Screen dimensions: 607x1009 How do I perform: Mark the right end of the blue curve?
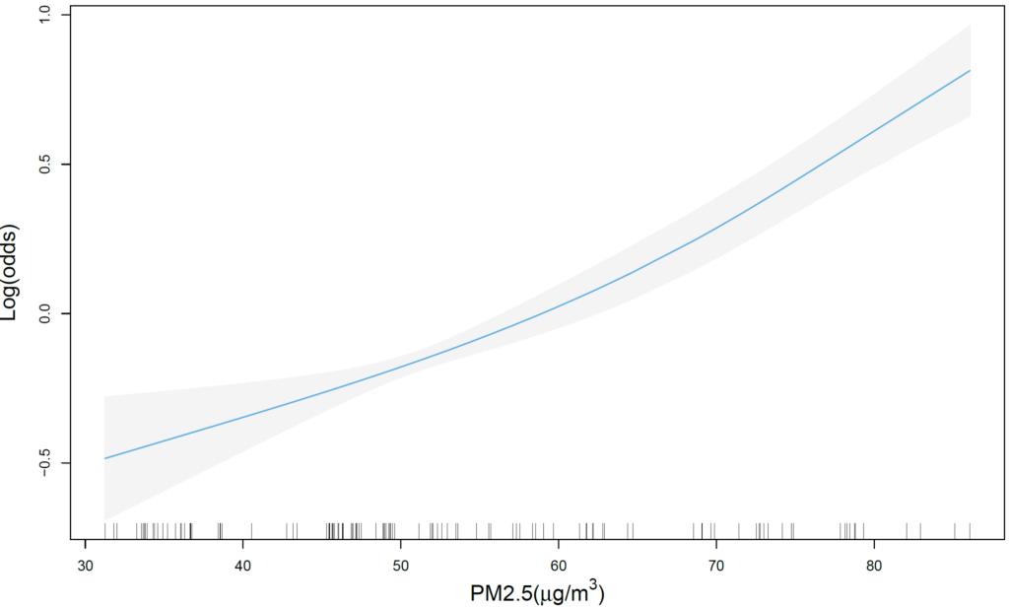971,71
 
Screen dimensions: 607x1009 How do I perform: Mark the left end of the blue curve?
104,458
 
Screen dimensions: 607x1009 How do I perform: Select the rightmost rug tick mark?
971,530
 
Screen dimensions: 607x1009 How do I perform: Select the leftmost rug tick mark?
104,530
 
